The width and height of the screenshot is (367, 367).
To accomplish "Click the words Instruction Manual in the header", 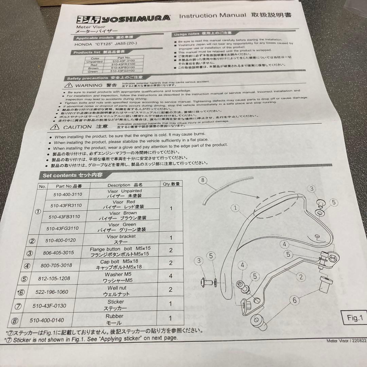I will [x=212, y=16].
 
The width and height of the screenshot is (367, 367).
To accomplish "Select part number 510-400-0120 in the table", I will [x=60, y=240].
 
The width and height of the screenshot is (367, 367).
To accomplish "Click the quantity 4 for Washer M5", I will [x=171, y=276].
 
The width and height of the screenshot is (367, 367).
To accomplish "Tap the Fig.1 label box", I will [x=355, y=318].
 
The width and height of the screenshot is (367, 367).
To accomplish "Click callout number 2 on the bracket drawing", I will [x=300, y=277].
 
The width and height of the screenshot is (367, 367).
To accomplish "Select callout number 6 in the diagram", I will [x=294, y=300].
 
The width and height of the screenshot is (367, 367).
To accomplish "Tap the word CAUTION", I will [x=77, y=127].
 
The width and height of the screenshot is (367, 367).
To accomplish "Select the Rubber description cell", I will [x=115, y=319].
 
